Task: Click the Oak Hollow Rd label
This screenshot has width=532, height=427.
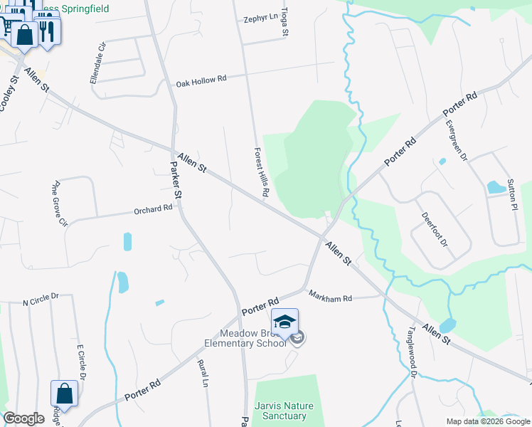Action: click(201, 80)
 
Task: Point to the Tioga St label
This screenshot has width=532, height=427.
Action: click(284, 23)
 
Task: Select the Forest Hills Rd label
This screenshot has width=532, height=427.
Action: click(261, 172)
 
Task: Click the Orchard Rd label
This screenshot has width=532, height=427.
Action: click(154, 210)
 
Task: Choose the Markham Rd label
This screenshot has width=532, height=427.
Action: click(330, 296)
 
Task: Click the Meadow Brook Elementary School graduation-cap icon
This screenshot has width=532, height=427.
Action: click(284, 322)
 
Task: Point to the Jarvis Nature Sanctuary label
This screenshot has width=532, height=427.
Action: click(281, 411)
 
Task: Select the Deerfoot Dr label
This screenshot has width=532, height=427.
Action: click(435, 231)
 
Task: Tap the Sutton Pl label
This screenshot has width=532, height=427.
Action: click(511, 194)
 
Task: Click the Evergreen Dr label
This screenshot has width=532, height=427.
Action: click(456, 140)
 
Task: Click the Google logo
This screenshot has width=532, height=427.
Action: click(23, 418)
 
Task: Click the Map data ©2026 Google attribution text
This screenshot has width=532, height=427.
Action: click(487, 421)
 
